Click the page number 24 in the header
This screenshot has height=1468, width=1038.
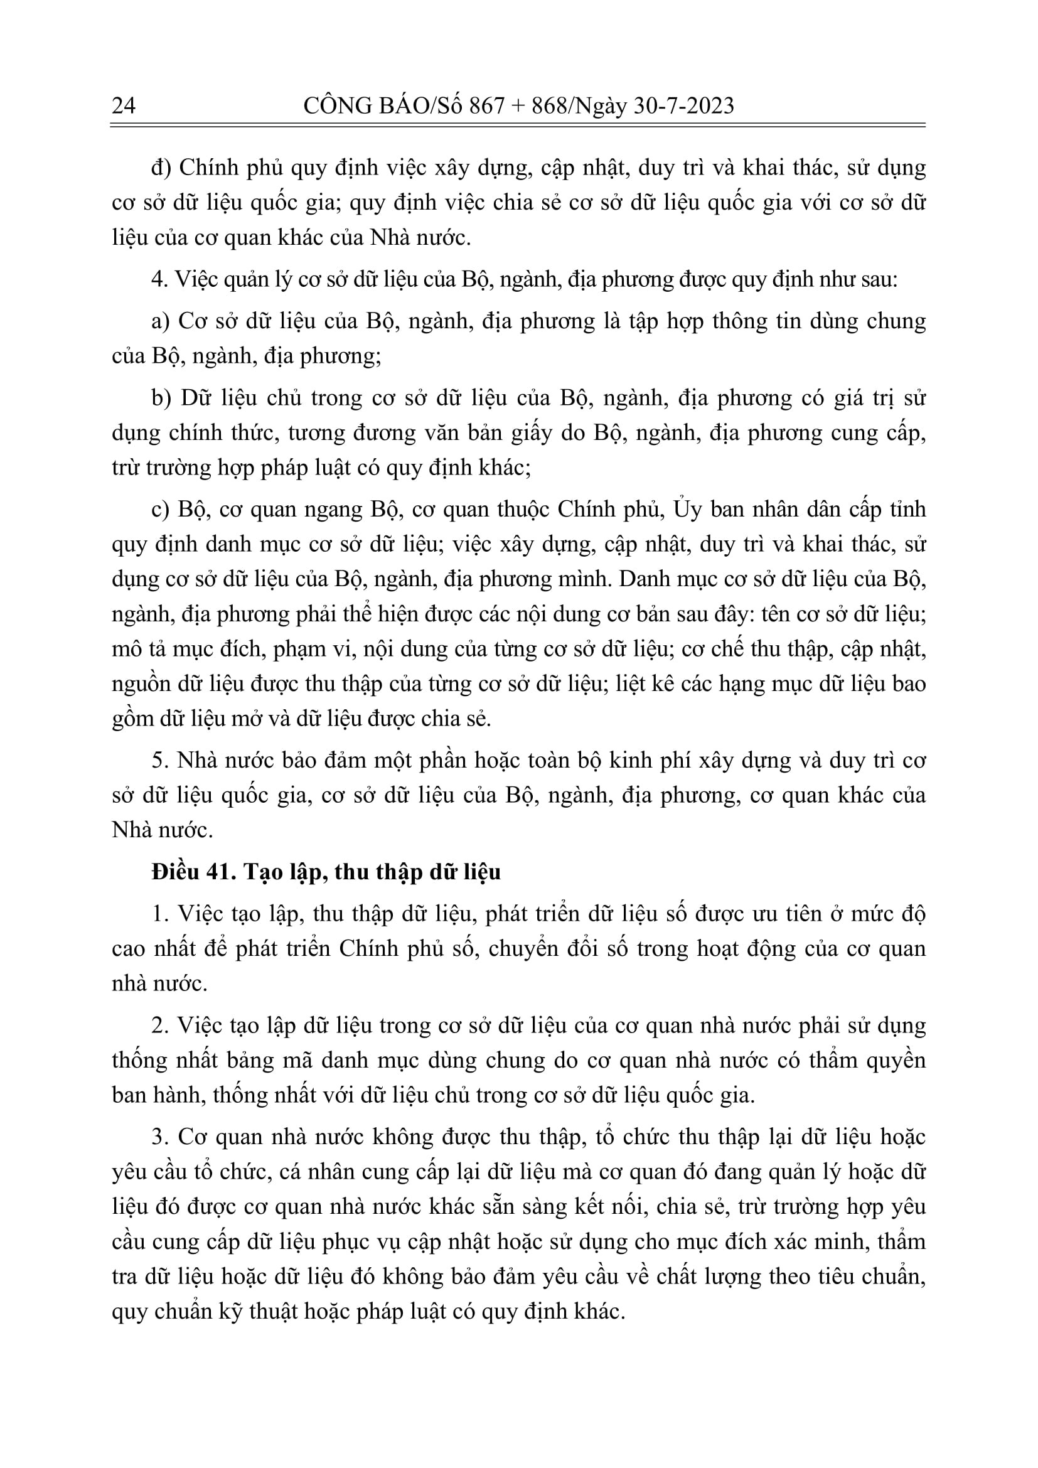pyautogui.click(x=124, y=105)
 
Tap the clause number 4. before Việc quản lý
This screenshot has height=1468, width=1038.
pyautogui.click(x=159, y=279)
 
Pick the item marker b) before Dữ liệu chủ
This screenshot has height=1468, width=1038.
pyautogui.click(x=162, y=398)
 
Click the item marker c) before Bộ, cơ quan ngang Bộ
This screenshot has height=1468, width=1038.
pyautogui.click(x=161, y=510)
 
